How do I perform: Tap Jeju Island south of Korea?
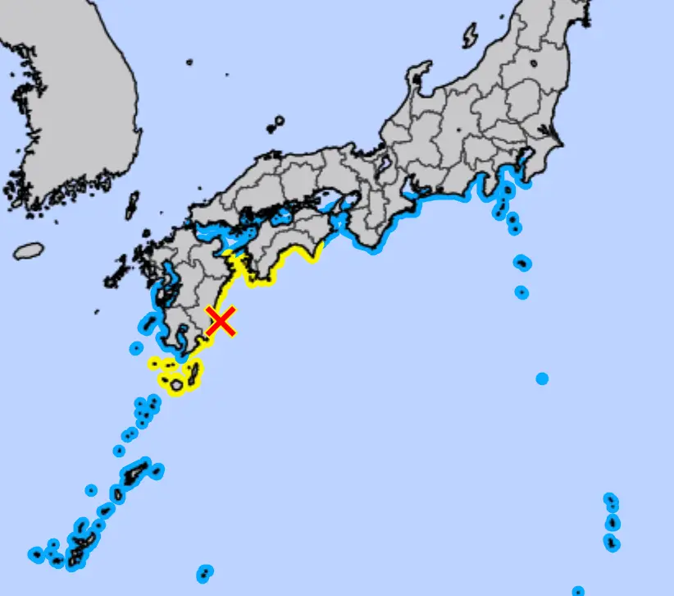tap(29, 250)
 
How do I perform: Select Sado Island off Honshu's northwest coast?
tap(471, 36)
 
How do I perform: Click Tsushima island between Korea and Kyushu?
tap(132, 204)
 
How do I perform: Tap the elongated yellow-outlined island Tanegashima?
tap(194, 374)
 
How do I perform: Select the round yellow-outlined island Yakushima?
tap(175, 384)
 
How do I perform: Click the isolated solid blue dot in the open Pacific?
tap(542, 378)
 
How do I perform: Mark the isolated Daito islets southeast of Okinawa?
tap(204, 571)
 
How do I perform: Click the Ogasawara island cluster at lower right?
tap(612, 520)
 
